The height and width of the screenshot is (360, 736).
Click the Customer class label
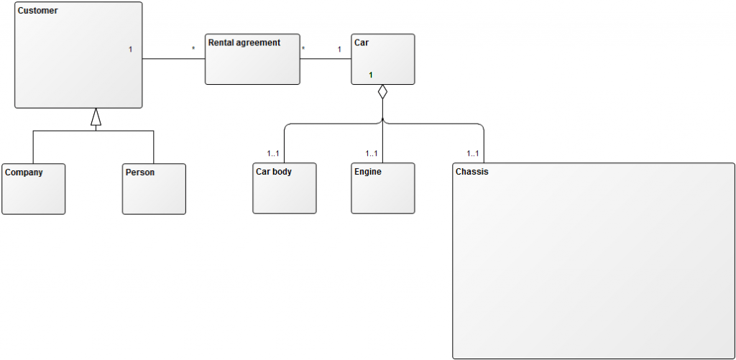pos(37,11)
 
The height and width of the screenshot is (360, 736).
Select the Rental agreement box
pos(252,59)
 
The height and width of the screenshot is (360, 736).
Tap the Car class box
pos(382,59)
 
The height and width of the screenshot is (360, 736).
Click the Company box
pos(33,189)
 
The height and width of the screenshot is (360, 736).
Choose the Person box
pos(154,189)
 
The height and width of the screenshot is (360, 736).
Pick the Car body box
pos(284,189)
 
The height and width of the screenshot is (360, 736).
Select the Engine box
pos(382,189)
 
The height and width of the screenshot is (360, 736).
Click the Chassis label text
pos(471,172)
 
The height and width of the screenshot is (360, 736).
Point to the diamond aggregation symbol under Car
pos(382,92)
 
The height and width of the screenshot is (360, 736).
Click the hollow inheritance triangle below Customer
pos(96,117)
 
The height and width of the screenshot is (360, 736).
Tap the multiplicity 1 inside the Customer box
pos(131,50)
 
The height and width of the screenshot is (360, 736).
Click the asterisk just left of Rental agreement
pos(193,49)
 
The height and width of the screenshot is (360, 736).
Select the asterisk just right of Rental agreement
pos(304,49)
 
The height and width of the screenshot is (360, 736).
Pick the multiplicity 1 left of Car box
pos(339,50)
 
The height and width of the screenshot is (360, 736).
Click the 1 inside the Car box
pos(371,75)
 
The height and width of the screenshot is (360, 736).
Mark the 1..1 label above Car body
pos(272,153)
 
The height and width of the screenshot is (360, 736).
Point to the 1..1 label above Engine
pos(372,153)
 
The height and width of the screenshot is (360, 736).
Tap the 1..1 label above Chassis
pos(472,153)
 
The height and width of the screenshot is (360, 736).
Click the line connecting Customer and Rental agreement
pos(174,59)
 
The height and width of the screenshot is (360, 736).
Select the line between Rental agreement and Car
pos(325,59)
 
